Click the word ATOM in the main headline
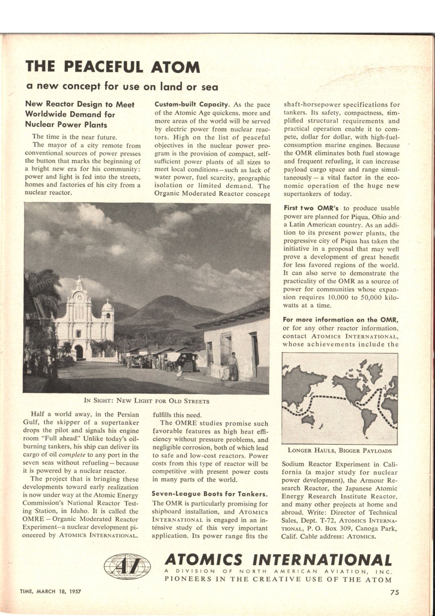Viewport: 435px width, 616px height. [x=175, y=67]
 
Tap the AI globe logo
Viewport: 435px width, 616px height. [x=127, y=566]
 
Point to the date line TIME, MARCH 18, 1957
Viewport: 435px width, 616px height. [x=50, y=591]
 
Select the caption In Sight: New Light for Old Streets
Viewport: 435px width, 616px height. [x=147, y=401]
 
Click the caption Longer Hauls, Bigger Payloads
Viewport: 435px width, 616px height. [x=339, y=451]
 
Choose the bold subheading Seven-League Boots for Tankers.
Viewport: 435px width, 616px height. [x=209, y=494]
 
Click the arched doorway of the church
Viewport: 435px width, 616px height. [x=79, y=352]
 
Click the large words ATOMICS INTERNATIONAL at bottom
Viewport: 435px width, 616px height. [x=278, y=560]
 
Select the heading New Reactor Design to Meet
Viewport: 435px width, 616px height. [x=80, y=105]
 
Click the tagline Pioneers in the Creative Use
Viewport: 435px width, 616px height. [x=278, y=579]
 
